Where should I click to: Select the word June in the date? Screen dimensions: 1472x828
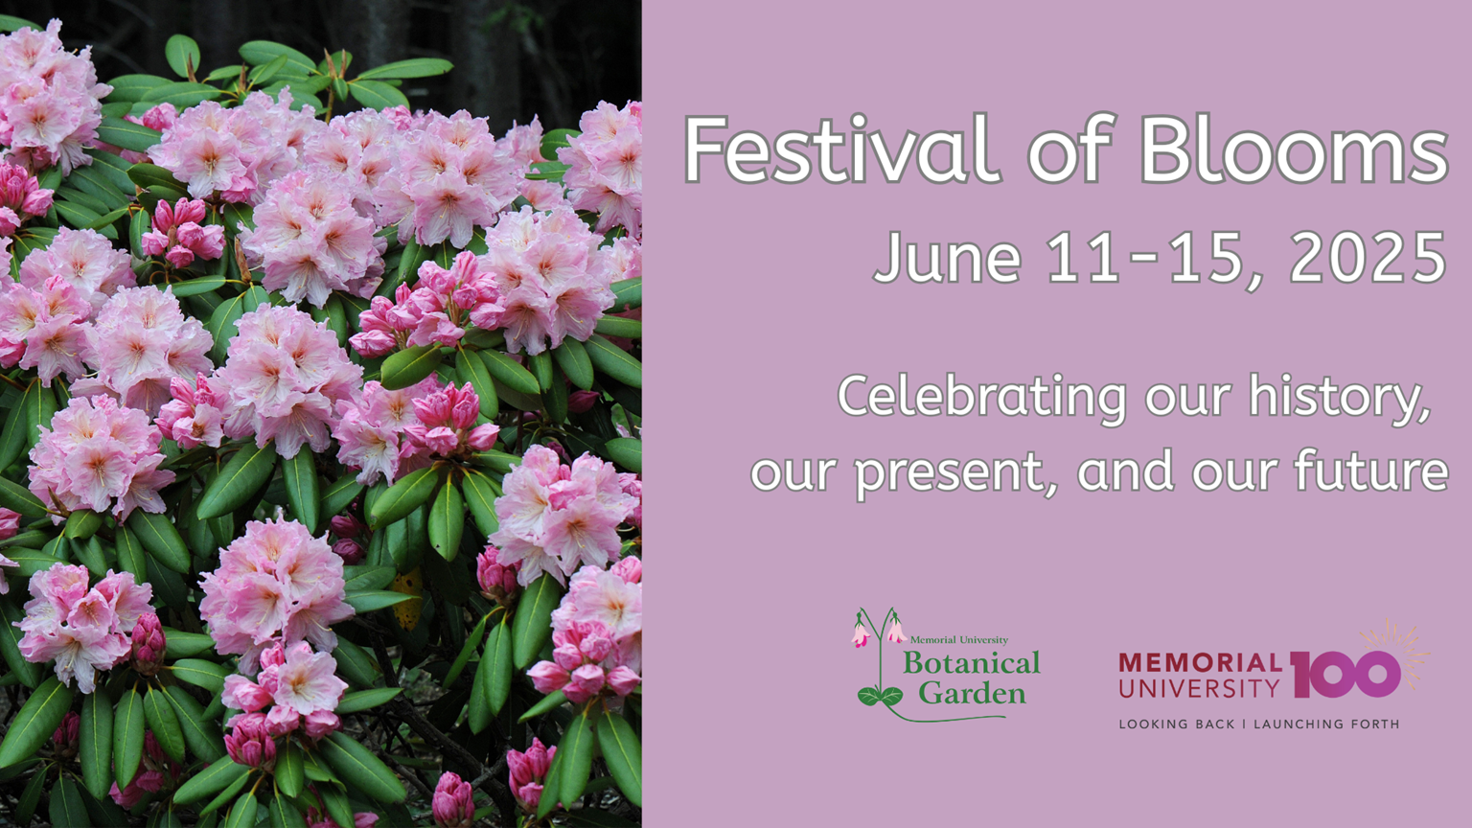(947, 257)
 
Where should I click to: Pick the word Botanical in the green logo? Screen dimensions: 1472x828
(972, 664)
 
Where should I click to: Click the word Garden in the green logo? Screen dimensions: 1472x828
(972, 693)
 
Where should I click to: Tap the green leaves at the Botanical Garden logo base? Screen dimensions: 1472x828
(880, 696)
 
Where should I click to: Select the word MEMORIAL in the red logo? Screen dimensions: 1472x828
(1200, 662)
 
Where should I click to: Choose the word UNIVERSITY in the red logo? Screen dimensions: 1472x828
(1199, 688)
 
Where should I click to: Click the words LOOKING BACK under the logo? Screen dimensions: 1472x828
(1173, 724)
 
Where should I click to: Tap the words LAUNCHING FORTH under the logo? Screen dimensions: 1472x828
(1326, 724)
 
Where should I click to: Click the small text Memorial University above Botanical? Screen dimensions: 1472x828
(958, 639)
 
